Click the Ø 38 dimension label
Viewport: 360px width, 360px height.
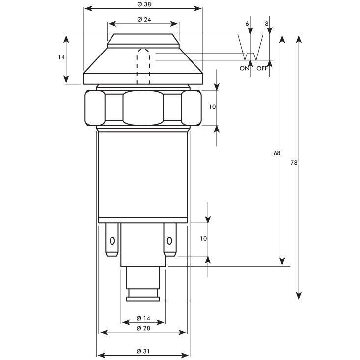coord(143,4)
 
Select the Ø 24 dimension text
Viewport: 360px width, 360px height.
coord(143,19)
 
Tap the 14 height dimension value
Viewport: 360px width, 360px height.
coord(61,57)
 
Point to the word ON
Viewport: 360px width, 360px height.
coord(244,68)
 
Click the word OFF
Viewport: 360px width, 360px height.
coord(262,68)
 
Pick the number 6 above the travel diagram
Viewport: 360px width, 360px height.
coord(247,24)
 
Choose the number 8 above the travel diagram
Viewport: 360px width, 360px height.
coord(267,24)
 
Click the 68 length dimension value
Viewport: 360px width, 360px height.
coord(277,153)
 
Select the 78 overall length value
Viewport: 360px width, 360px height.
coord(294,162)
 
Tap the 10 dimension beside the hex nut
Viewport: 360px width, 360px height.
coord(212,107)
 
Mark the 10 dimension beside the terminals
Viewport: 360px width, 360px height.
coord(204,238)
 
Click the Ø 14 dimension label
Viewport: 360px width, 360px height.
coord(143,318)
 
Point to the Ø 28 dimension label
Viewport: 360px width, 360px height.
coord(143,328)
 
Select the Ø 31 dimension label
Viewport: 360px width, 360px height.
coord(143,351)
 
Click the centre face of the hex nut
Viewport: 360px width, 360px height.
coord(143,107)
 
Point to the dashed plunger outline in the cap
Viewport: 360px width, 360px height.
coord(143,66)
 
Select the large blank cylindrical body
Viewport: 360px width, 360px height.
coord(143,174)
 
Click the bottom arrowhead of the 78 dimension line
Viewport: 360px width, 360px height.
coord(298,296)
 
